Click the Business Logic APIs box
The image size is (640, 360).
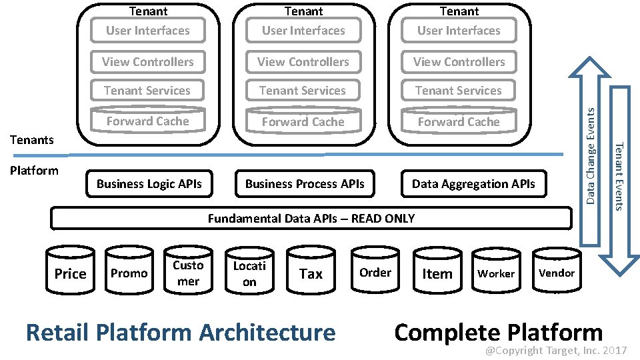click(x=149, y=184)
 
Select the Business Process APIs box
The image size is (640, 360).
click(x=305, y=184)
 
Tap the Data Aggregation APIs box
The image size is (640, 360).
click(x=473, y=184)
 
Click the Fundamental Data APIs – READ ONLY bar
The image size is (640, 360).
click(x=311, y=218)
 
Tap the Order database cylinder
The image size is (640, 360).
click(x=375, y=273)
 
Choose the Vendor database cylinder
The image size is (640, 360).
click(x=557, y=273)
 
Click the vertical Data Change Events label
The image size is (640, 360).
click(x=591, y=156)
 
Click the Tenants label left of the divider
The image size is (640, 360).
click(x=32, y=139)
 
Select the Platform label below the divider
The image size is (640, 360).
click(x=34, y=170)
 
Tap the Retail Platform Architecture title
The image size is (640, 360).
click(x=181, y=332)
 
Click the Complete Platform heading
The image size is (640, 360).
click(x=499, y=332)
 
